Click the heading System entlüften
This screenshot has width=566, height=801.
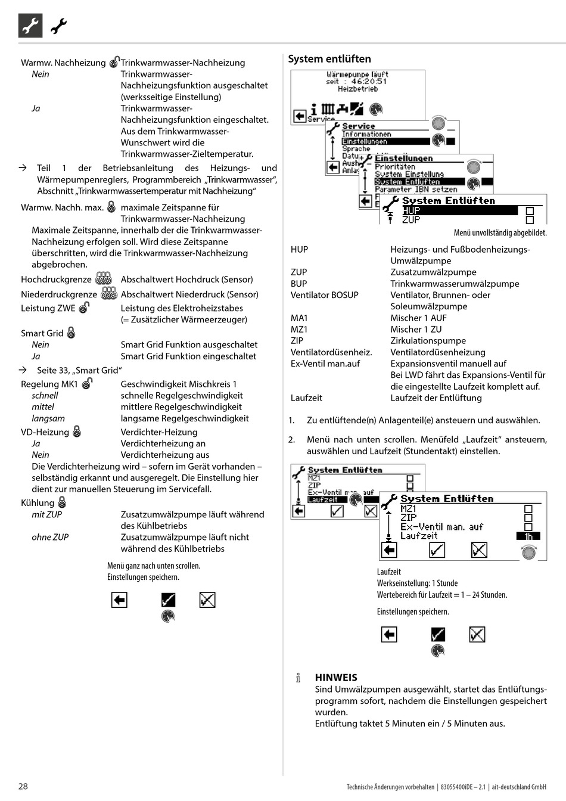click(329, 59)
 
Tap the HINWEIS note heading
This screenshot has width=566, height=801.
click(336, 678)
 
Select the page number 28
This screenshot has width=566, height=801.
click(23, 786)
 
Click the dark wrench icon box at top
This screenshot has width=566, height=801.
click(30, 26)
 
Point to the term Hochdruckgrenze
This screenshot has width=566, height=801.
click(56, 280)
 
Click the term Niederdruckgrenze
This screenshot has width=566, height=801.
click(58, 294)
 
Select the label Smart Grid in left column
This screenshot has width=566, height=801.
click(42, 333)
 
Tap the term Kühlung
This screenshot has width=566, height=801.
click(37, 503)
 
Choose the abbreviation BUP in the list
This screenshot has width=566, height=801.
click(298, 284)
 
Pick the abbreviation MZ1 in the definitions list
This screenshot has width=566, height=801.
click(299, 329)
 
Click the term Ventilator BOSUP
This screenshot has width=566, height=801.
click(324, 295)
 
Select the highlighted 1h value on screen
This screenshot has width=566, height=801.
click(528, 536)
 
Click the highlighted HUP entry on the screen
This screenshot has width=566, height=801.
click(411, 210)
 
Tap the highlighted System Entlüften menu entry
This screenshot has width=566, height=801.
click(407, 182)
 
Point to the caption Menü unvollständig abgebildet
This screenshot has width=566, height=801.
click(500, 233)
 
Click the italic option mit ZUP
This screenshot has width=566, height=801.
click(46, 514)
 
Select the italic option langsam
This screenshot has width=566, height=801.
click(48, 418)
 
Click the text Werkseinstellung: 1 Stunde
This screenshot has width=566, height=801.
click(417, 583)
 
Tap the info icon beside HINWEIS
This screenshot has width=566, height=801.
click(298, 678)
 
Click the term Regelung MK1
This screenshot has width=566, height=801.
click(49, 384)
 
